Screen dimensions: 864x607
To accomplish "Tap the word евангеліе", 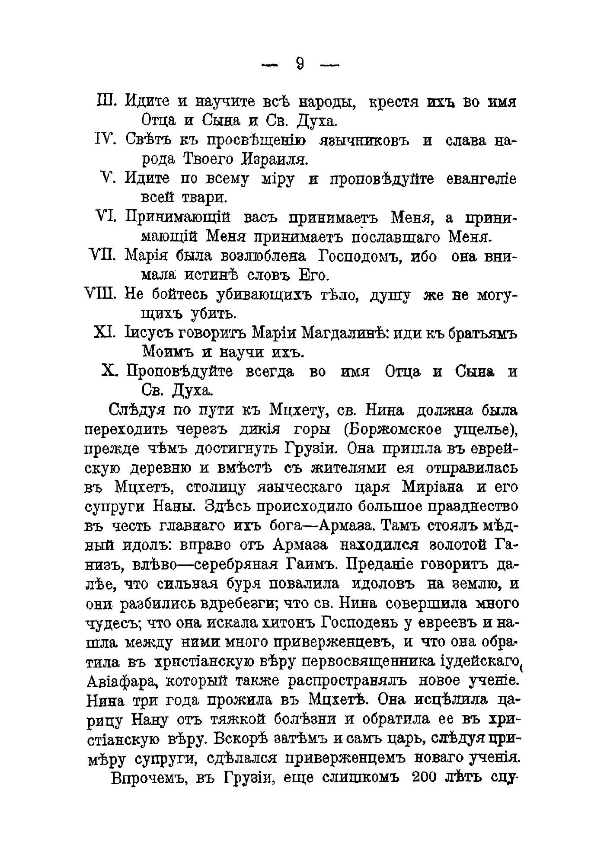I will (481, 178).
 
